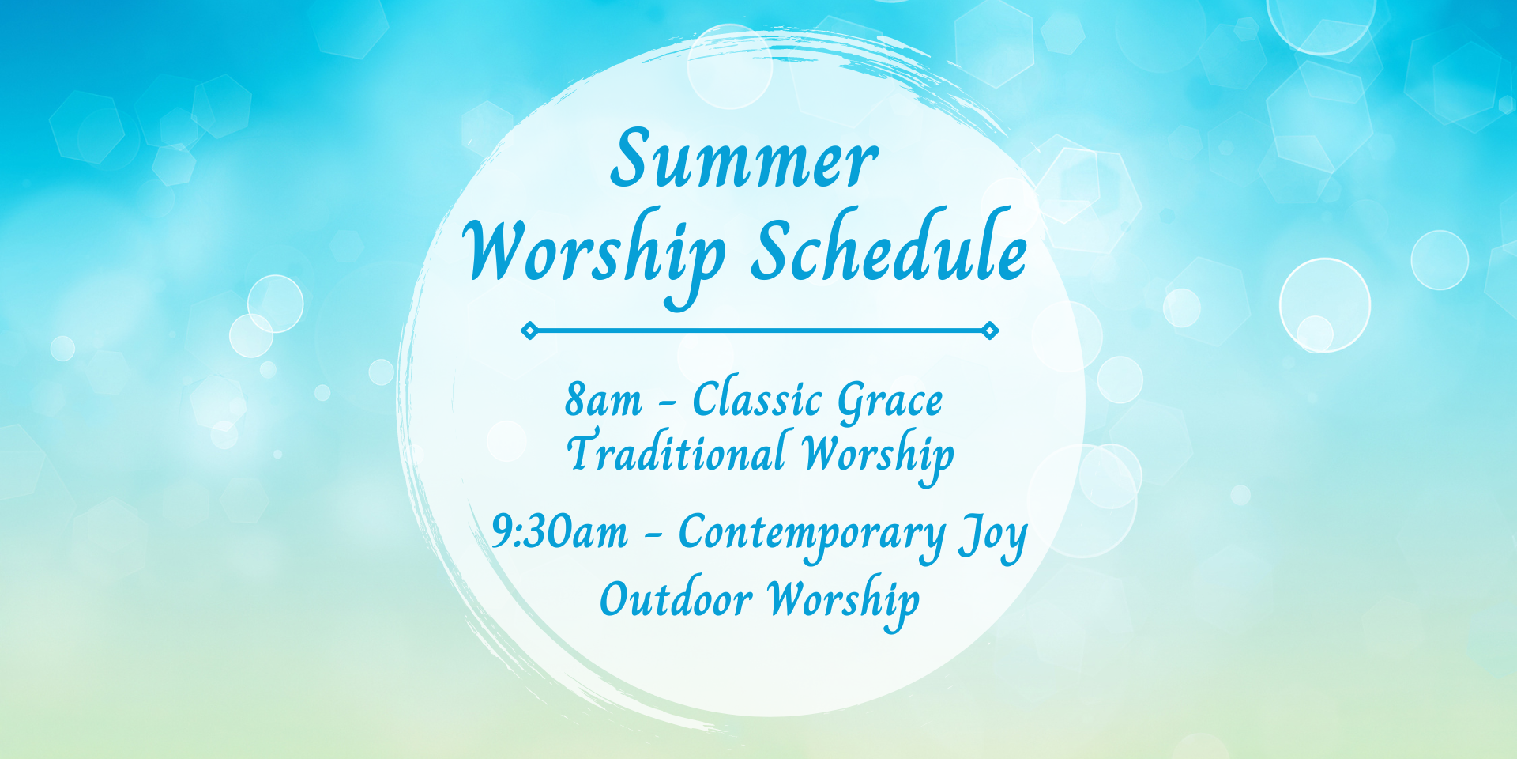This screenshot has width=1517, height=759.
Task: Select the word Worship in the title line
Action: click(x=594, y=259)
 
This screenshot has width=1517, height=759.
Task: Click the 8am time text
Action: click(x=603, y=400)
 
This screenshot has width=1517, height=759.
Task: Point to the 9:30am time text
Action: click(x=559, y=531)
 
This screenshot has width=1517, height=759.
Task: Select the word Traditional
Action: click(x=676, y=451)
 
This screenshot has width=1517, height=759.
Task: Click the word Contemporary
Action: click(x=812, y=536)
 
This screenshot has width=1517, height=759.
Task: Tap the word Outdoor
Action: click(x=676, y=599)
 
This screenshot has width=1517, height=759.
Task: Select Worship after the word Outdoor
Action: click(x=844, y=602)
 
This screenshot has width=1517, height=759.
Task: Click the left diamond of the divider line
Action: click(x=529, y=330)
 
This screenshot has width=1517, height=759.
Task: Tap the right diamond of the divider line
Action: click(x=990, y=330)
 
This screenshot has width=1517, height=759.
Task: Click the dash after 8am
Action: click(x=668, y=406)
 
